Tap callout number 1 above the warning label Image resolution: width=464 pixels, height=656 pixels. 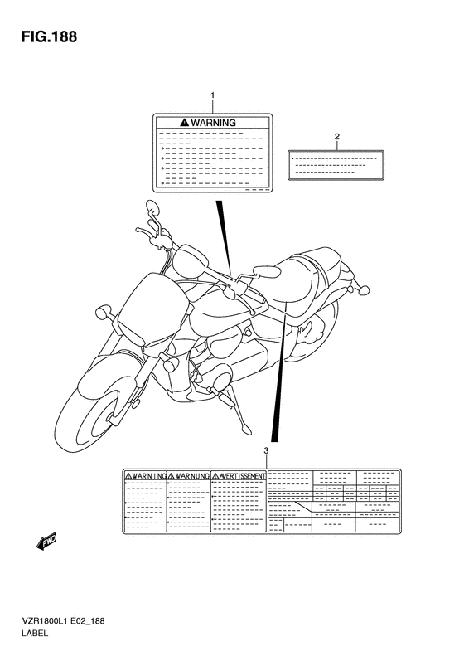coord(212,96)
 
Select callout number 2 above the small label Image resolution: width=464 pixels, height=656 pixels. coord(337,136)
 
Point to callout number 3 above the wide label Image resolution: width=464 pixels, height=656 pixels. coord(266,450)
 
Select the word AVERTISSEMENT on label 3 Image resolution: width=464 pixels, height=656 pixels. coord(242,476)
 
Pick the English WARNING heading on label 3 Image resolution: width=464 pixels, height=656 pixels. coord(146,476)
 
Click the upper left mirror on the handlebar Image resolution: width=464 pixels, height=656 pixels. coord(152,207)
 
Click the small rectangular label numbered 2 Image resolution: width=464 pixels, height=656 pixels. coord(336,164)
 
